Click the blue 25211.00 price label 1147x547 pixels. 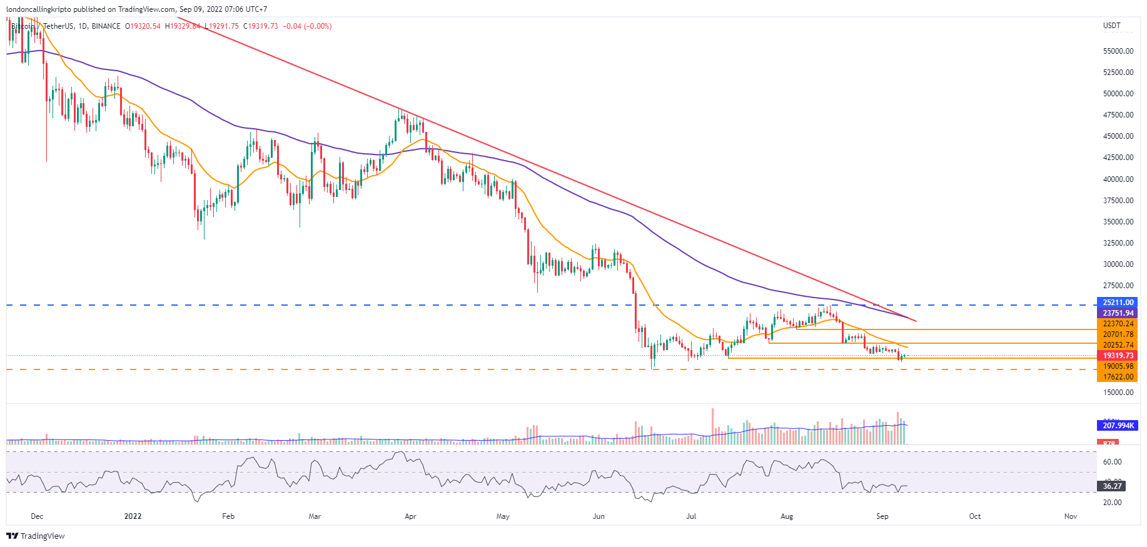(x=1118, y=303)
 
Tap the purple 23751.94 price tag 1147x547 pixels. (x=1118, y=313)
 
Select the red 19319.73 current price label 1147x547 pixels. (x=1118, y=356)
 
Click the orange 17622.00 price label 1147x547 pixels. (x=1118, y=377)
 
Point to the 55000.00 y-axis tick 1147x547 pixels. (x=1118, y=51)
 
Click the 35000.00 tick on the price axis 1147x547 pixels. (x=1118, y=222)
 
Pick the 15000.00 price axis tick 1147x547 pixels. (x=1118, y=393)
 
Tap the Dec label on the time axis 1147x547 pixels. (x=37, y=516)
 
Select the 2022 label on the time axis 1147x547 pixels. (x=133, y=516)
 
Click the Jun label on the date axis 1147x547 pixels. (x=599, y=516)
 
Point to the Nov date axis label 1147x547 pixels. (x=1070, y=516)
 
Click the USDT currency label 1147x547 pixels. (x=1111, y=26)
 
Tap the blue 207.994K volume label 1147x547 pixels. (x=1118, y=426)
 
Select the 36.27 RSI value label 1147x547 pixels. (x=1112, y=486)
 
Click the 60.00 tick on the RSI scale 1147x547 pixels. (x=1112, y=462)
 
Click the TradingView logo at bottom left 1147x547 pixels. (x=36, y=536)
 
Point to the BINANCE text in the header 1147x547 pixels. (x=106, y=26)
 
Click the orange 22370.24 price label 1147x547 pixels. (x=1118, y=324)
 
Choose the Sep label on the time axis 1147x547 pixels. (x=882, y=516)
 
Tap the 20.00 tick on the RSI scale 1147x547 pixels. (x=1112, y=503)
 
